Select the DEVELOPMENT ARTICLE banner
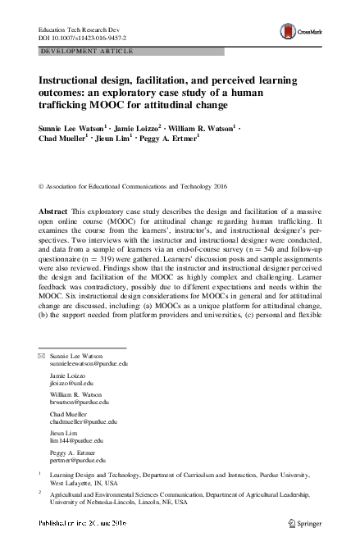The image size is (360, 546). point(82,50)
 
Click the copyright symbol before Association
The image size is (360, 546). point(42,186)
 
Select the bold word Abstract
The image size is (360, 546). point(54,212)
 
